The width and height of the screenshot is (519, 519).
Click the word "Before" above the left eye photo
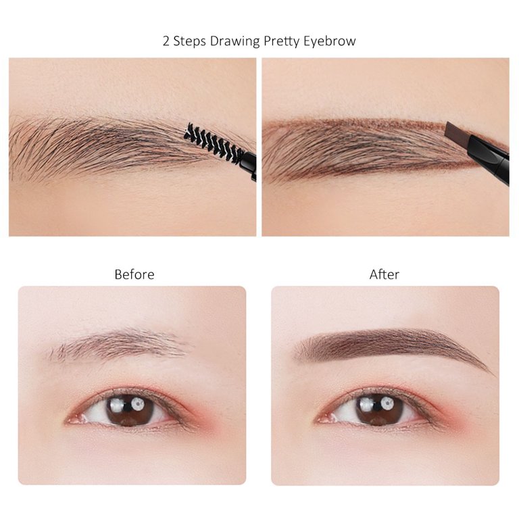134,274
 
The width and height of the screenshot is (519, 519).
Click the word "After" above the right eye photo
385,274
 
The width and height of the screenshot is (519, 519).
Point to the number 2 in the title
166,41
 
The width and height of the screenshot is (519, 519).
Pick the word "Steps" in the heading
190,41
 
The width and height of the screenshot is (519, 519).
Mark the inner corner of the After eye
320,420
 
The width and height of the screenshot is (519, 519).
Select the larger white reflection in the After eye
387,403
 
